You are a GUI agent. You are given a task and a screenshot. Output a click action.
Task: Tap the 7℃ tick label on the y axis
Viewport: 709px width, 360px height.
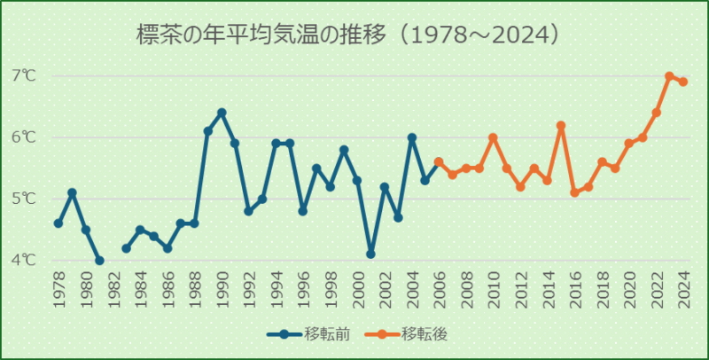tap(25, 75)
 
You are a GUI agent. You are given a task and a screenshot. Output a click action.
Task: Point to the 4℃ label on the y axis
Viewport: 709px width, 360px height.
tap(25, 260)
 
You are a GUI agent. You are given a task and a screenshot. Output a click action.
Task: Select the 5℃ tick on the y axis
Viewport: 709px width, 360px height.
tap(25, 199)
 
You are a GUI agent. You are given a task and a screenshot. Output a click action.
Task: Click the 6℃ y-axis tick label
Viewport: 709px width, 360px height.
tap(25, 137)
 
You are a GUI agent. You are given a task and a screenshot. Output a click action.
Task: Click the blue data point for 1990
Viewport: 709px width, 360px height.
tap(222, 113)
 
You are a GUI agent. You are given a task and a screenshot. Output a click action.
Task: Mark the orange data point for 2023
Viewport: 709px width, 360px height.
tap(670, 76)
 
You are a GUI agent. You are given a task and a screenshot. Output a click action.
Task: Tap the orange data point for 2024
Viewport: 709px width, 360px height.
tap(683, 82)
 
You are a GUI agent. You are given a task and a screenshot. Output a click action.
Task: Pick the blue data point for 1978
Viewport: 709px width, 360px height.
tap(58, 223)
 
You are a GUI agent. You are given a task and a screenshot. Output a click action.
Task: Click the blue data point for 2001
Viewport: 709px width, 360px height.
tap(371, 254)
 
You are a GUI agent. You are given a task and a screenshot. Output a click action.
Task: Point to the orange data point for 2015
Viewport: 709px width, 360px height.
tap(561, 126)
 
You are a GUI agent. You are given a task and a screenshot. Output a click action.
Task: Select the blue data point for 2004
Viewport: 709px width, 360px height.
tap(412, 137)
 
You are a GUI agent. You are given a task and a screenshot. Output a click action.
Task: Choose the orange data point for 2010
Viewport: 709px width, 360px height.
tap(494, 137)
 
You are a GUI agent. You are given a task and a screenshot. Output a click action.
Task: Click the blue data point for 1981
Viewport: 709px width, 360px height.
tap(99, 261)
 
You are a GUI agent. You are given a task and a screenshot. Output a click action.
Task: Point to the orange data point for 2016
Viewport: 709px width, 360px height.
tap(574, 192)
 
